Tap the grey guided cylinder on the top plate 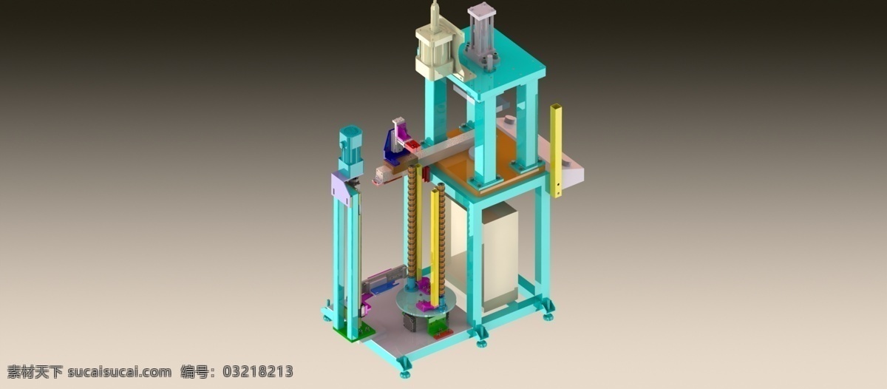tap(481, 35)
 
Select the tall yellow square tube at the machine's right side tap(556, 151)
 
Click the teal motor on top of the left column tap(350, 151)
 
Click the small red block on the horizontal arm tap(412, 146)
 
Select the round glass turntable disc tap(424, 301)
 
